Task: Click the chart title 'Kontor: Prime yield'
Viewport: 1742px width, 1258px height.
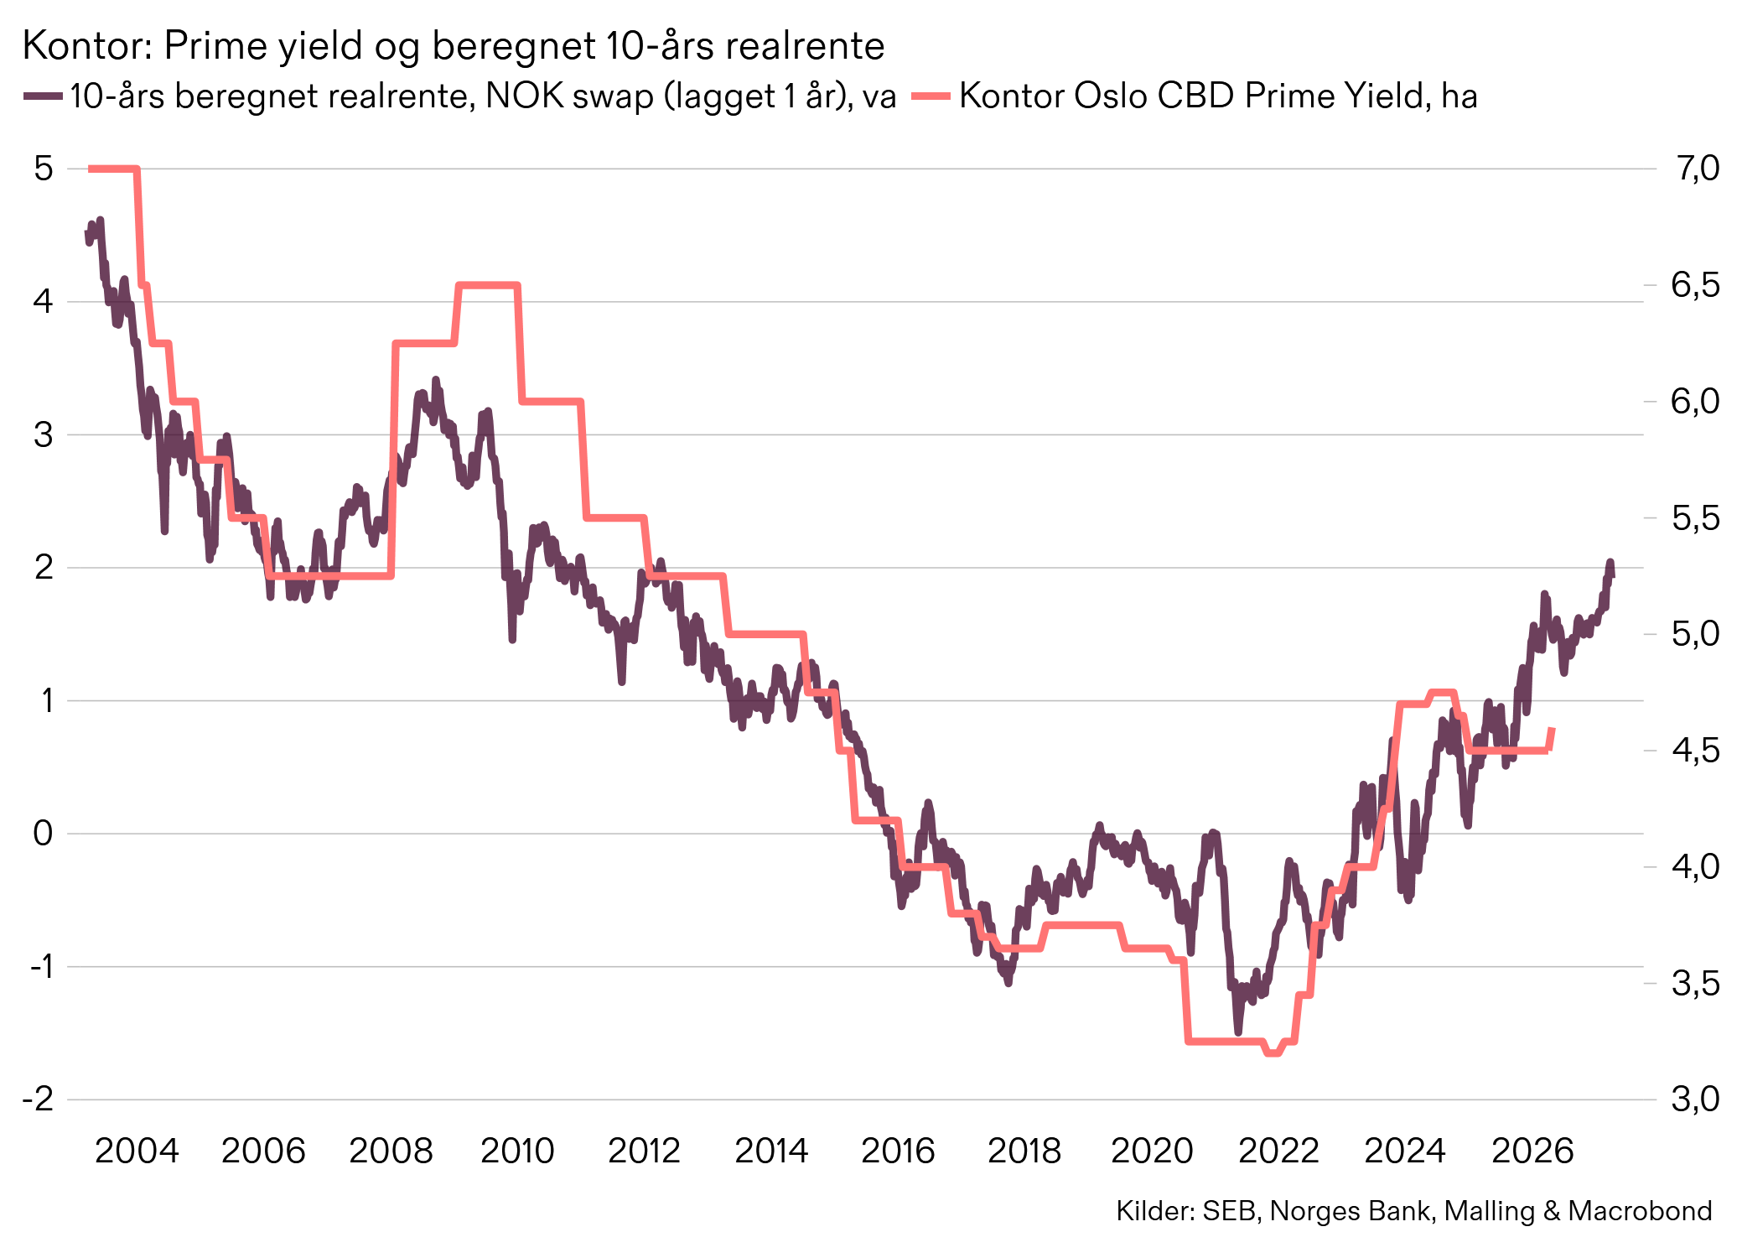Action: (x=453, y=45)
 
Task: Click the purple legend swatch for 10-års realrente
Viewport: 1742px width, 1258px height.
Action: (x=43, y=96)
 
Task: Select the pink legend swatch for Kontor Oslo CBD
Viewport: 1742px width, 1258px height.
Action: (x=931, y=96)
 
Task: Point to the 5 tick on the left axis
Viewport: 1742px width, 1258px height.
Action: (x=44, y=169)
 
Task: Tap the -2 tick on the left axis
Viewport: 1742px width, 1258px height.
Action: (x=39, y=1099)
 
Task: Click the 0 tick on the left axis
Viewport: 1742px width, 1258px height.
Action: (x=43, y=833)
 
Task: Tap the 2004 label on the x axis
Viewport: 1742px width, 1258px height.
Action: (x=137, y=1151)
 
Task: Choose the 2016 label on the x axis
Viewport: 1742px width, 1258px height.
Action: (x=898, y=1151)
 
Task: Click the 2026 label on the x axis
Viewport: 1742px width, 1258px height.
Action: (x=1532, y=1151)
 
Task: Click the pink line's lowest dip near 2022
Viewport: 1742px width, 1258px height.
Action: (x=1273, y=1053)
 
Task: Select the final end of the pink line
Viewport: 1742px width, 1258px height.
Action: (x=1553, y=730)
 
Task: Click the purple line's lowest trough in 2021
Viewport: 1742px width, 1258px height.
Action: (x=1238, y=1031)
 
